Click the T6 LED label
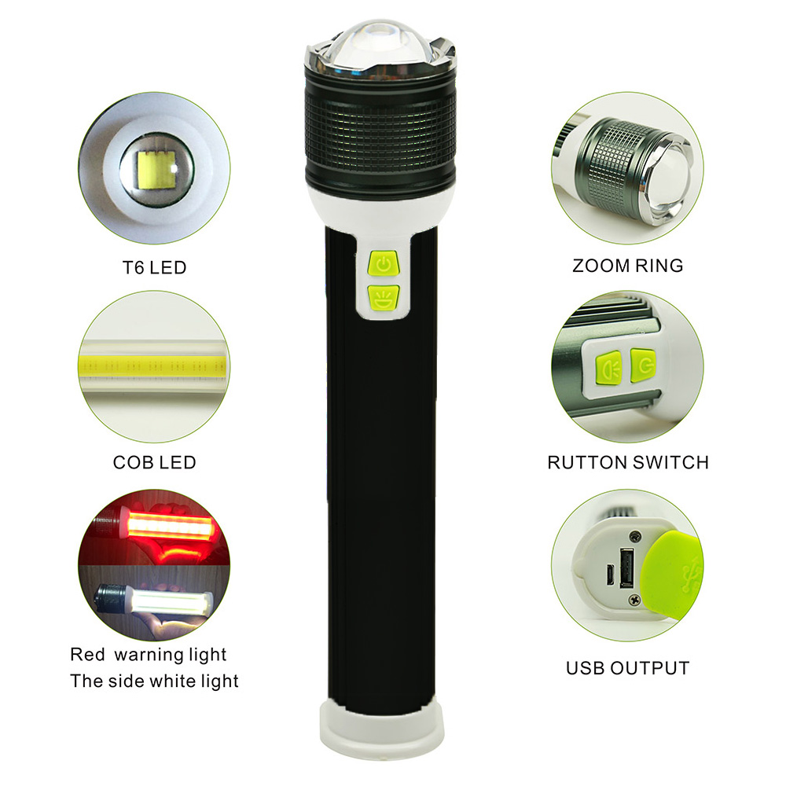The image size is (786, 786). [154, 268]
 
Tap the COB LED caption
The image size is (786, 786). [154, 462]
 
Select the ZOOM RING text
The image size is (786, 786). [627, 266]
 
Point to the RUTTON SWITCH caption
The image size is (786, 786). [627, 462]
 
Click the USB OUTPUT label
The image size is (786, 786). [627, 668]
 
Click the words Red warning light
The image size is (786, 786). [149, 655]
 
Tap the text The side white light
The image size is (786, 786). [154, 681]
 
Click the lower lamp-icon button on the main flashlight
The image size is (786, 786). [384, 298]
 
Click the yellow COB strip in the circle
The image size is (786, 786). [153, 367]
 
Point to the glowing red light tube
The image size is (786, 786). [171, 524]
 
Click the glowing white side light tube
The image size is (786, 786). [168, 601]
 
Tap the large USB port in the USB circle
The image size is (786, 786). [626, 568]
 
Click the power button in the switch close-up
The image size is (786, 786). [643, 365]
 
